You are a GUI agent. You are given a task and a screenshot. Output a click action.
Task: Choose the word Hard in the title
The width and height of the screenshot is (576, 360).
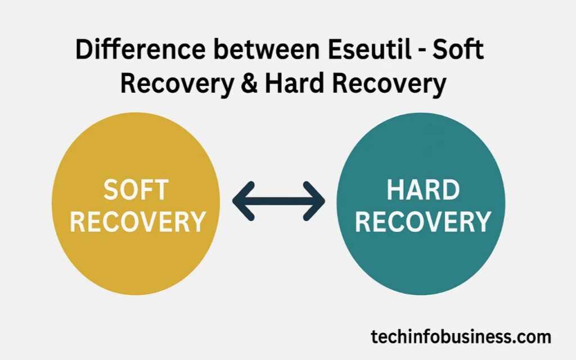pyautogui.click(x=295, y=84)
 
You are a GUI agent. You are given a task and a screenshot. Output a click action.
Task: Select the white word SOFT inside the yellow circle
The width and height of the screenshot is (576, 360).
pyautogui.click(x=136, y=191)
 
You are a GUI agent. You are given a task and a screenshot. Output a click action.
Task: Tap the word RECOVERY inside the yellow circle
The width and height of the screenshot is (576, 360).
pyautogui.click(x=137, y=222)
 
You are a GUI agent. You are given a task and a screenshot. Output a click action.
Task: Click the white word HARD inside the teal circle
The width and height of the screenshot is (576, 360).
pyautogui.click(x=423, y=191)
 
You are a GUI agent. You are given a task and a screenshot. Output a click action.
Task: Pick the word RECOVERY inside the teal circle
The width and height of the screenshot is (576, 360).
pyautogui.click(x=423, y=222)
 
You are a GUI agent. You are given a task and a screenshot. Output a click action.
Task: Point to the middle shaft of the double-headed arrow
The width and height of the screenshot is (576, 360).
pyautogui.click(x=278, y=201)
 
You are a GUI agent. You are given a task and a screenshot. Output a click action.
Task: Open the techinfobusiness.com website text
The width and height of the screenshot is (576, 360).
pyautogui.click(x=461, y=337)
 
